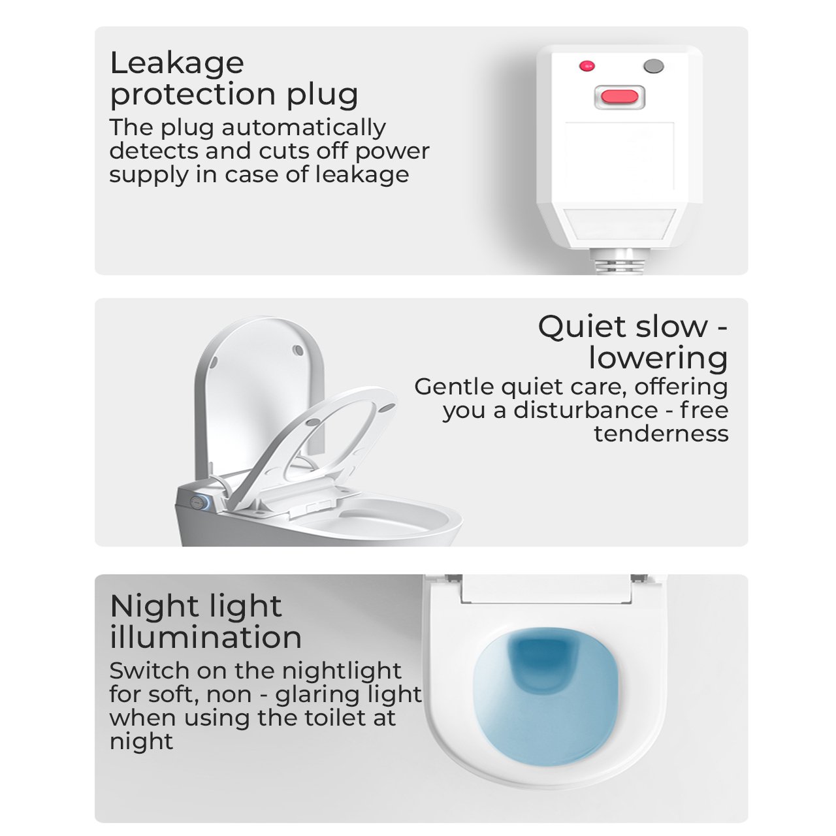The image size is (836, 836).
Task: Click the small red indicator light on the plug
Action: [587, 66]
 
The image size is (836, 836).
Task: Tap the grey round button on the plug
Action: [654, 66]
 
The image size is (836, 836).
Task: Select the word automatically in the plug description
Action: [304, 128]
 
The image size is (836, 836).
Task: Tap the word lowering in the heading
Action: [658, 359]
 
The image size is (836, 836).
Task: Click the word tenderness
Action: [661, 434]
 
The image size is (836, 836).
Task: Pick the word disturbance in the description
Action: [586, 410]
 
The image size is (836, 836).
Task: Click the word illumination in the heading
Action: [206, 637]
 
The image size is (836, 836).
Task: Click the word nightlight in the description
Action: [342, 671]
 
